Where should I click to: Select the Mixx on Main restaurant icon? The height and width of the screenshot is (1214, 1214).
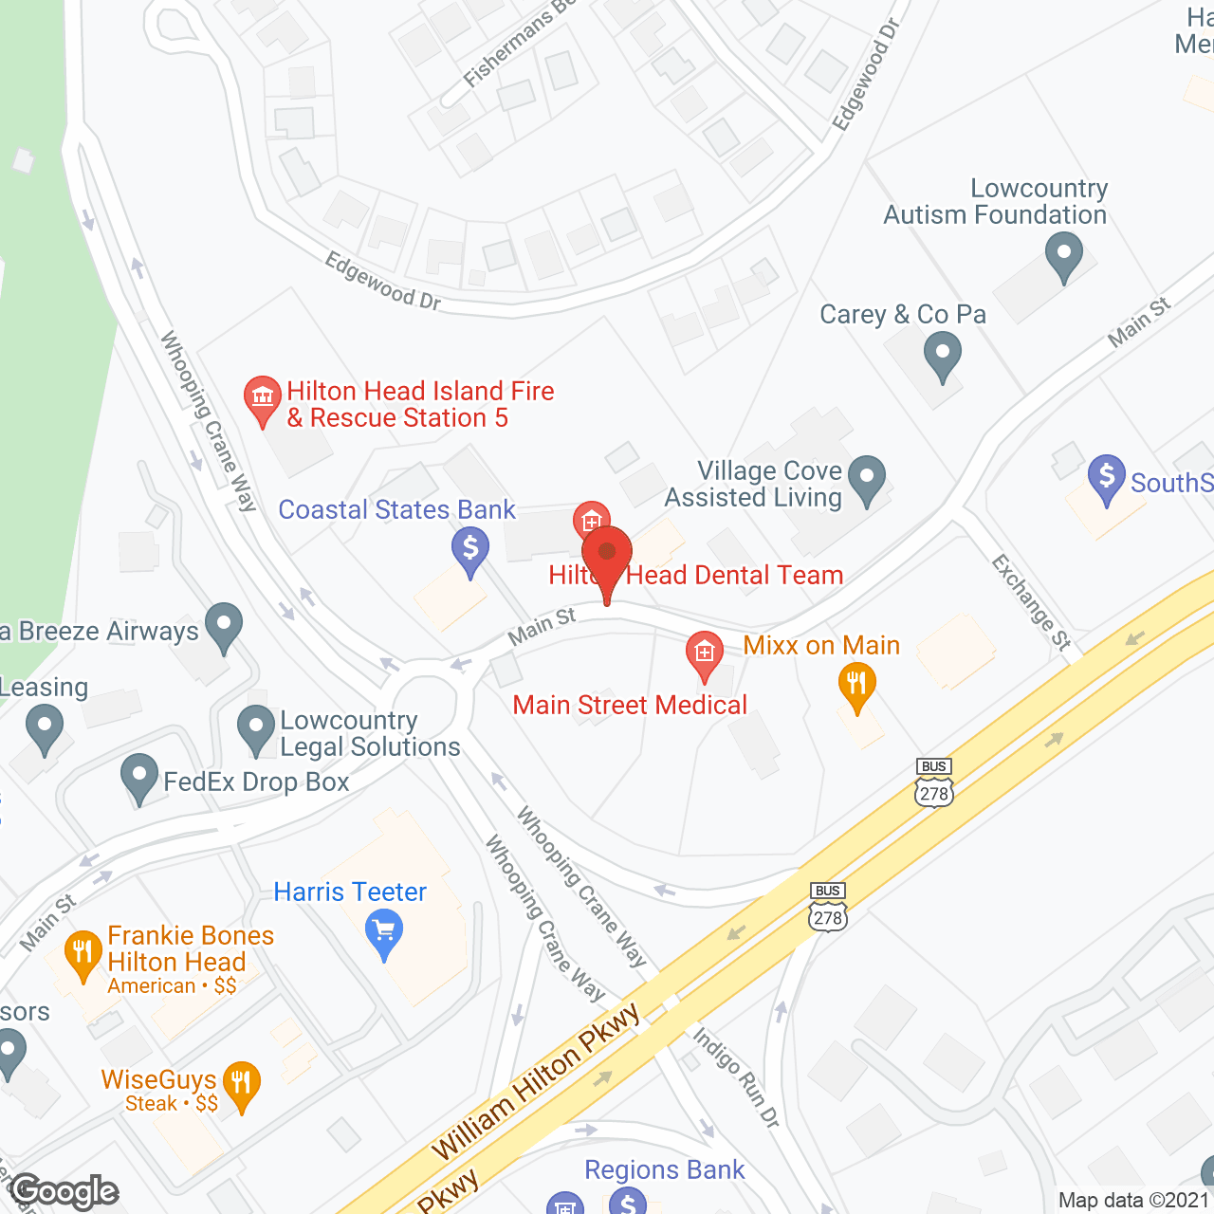856,686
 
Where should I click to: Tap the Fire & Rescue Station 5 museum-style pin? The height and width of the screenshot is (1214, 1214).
262,399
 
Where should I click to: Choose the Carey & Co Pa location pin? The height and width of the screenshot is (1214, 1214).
942,359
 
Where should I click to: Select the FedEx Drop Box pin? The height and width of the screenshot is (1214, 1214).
139,778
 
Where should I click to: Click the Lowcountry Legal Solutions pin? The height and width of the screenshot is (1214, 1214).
256,729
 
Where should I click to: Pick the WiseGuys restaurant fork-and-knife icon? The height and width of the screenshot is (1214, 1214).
241,1084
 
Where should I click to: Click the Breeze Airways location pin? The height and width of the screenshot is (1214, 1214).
224,626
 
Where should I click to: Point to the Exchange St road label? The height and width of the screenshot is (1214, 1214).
1031,602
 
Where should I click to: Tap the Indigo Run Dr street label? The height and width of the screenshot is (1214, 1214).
736,1077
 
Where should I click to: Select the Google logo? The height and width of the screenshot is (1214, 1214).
64,1191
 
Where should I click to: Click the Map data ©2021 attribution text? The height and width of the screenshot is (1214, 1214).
1133,1200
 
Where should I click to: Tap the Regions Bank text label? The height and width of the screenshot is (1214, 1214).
664,1169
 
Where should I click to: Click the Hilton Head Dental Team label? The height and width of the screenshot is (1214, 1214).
696,575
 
